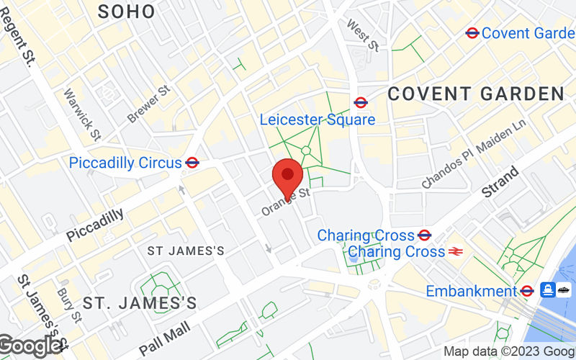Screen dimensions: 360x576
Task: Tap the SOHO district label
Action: [126, 11]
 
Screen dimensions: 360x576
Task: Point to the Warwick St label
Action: [82, 114]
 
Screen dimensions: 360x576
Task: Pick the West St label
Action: [362, 35]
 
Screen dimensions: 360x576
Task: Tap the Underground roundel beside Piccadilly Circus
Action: [192, 163]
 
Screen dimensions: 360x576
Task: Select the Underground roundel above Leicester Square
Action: [361, 103]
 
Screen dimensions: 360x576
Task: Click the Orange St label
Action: [286, 201]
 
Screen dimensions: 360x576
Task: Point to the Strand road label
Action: [500, 183]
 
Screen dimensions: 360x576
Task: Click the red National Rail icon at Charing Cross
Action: [455, 252]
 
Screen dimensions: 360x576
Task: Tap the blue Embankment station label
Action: [472, 291]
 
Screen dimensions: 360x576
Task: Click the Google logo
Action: [30, 346]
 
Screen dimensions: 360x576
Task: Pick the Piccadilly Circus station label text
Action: [125, 163]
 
